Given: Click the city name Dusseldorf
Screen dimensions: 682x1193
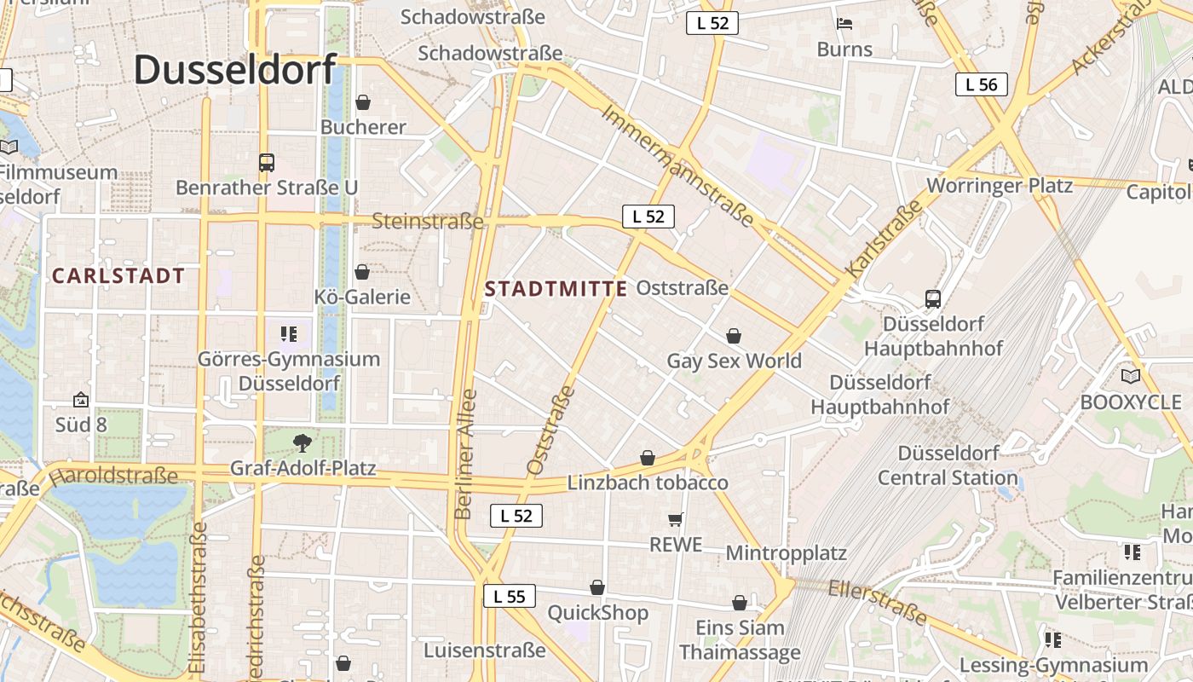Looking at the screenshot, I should tap(235, 69).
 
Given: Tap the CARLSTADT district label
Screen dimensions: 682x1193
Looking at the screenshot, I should tap(118, 275).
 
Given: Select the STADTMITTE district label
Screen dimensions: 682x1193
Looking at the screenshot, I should tap(556, 289).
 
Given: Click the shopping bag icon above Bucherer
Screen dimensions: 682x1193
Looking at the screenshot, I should tap(363, 102).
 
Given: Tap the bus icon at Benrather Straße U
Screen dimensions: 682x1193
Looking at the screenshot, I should tap(267, 162).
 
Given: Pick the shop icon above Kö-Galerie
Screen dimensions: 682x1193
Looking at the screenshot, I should tap(362, 272).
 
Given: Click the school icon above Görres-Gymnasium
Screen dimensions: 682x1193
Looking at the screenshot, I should tap(289, 333).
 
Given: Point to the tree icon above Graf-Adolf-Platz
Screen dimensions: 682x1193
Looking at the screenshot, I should tap(302, 442).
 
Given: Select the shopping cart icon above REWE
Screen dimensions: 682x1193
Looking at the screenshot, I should tap(676, 518).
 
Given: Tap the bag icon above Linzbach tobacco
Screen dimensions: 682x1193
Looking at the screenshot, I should tap(648, 458).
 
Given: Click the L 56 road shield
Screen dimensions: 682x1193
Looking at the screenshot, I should tap(981, 84).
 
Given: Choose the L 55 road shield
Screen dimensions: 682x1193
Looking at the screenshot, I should tap(510, 596).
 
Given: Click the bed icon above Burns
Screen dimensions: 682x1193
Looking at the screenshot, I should tap(844, 23).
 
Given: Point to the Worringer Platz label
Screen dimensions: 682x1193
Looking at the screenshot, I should tap(1000, 185).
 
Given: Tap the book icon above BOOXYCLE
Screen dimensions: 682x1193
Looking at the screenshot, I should tap(1131, 376).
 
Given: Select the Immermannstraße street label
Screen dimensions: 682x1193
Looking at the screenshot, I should tap(678, 166).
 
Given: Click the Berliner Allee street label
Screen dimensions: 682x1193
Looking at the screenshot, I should tap(465, 455).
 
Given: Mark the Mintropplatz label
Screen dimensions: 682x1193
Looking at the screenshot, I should tap(786, 553).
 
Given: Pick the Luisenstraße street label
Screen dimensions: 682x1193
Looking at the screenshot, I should tap(485, 650).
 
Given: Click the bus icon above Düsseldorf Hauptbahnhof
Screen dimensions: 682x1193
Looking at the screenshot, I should tap(933, 298).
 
